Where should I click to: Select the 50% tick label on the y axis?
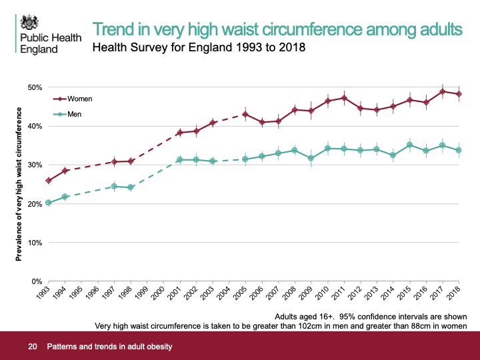pyautogui.click(x=35, y=87)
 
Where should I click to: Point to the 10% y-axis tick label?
pyautogui.click(x=35, y=243)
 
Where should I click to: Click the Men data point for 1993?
pyautogui.click(x=49, y=203)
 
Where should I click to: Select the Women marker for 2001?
pyautogui.click(x=180, y=133)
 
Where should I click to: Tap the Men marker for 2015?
pyautogui.click(x=410, y=145)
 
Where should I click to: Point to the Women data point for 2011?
pyautogui.click(x=344, y=98)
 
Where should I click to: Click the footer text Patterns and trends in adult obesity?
pyautogui.click(x=109, y=347)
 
